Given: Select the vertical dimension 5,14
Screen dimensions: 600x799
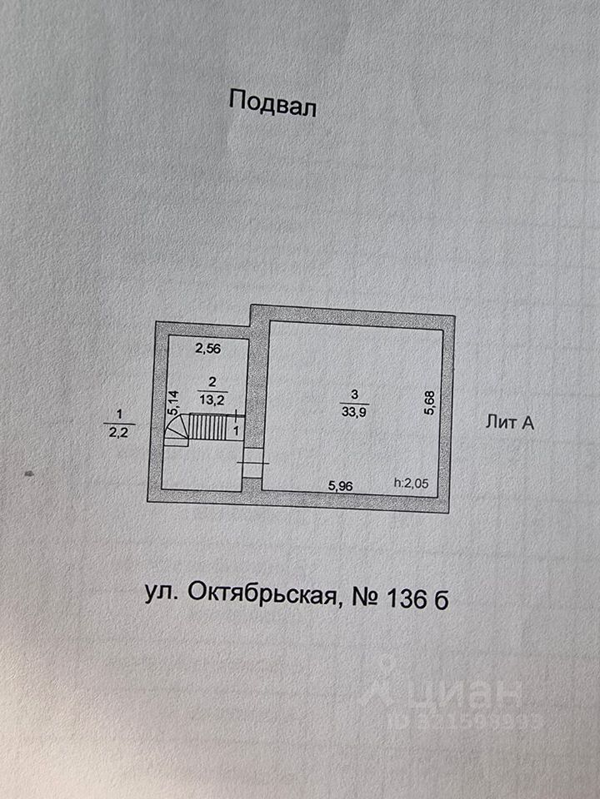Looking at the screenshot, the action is pos(173,403).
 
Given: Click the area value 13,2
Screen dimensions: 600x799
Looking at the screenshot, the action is pos(213,399).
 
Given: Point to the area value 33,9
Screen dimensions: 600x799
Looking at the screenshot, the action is pos(352,409).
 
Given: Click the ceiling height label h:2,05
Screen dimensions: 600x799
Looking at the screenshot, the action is pos(413,484).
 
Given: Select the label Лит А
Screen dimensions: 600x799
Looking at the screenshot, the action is pos(509,423).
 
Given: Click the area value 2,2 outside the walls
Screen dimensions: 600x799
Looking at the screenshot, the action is pos(119,430).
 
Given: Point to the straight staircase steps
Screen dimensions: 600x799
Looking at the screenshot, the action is pos(209,428).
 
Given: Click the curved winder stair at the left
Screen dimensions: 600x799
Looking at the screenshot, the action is pos(176,430).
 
